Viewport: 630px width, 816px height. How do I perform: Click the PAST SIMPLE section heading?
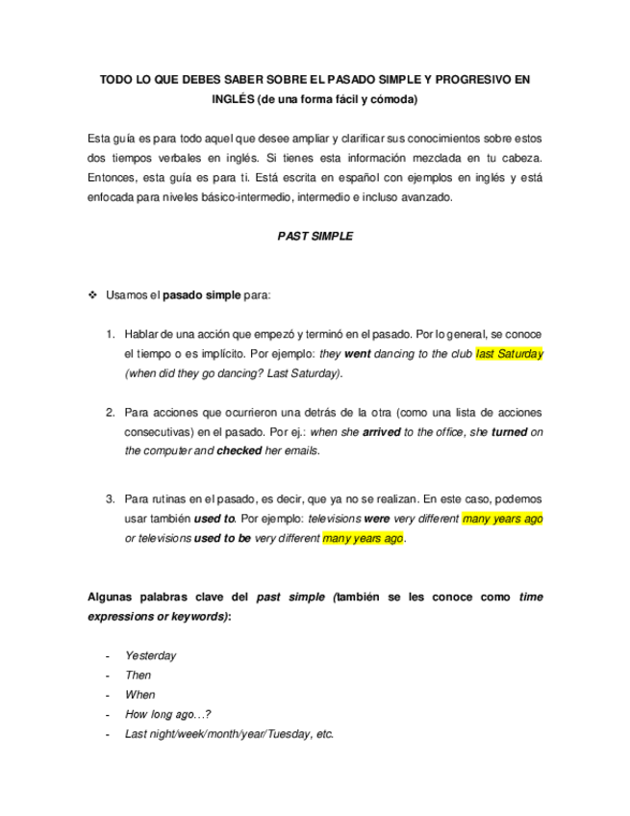pyautogui.click(x=315, y=236)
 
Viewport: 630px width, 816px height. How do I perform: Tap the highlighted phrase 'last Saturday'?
pyautogui.click(x=509, y=354)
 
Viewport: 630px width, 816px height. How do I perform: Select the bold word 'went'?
pyautogui.click(x=357, y=354)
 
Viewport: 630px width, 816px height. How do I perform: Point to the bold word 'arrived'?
pyautogui.click(x=382, y=432)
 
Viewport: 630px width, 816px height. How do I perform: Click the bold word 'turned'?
pyautogui.click(x=509, y=432)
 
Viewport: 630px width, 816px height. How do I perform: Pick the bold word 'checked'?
pyautogui.click(x=239, y=450)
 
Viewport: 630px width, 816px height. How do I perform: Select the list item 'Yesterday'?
pyautogui.click(x=150, y=655)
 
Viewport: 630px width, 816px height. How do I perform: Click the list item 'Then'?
pyautogui.click(x=138, y=675)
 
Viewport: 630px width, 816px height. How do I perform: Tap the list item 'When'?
pyautogui.click(x=139, y=694)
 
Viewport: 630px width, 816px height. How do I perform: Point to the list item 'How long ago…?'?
pyautogui.click(x=167, y=714)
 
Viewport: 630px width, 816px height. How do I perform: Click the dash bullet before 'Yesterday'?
pyautogui.click(x=106, y=655)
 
